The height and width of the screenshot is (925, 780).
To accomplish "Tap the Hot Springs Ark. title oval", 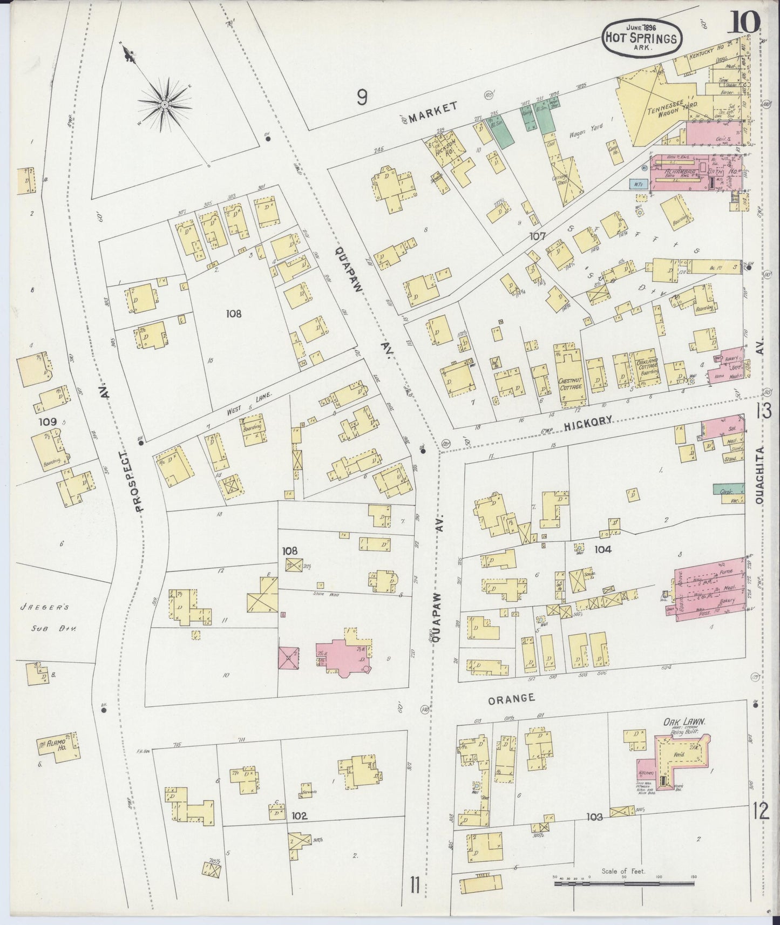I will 641,37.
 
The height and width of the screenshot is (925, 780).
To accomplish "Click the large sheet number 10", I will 747,22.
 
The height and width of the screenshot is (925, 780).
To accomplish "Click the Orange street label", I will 511,698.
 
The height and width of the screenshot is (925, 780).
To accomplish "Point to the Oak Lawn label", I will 685,723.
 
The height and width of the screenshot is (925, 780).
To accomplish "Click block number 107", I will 538,236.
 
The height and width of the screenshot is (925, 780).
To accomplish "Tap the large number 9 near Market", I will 362,98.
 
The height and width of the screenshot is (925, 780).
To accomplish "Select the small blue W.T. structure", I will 639,183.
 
